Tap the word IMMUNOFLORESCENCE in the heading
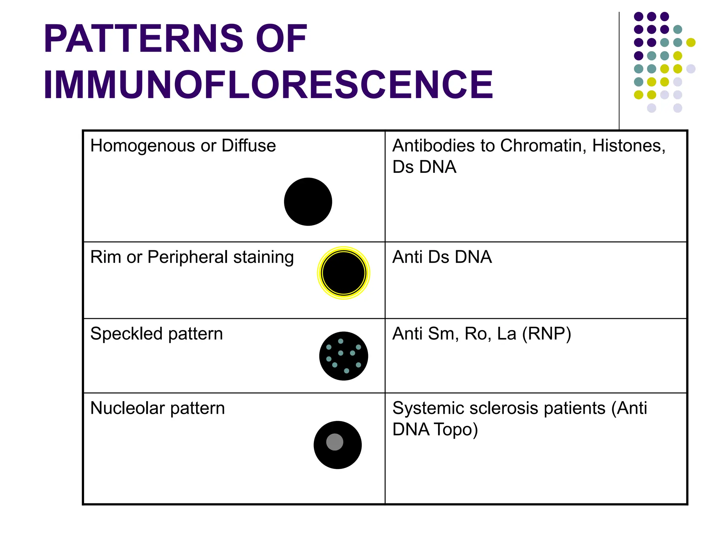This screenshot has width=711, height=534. [x=268, y=84]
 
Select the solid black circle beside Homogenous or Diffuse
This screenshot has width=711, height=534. [x=308, y=202]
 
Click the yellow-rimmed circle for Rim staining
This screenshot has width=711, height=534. [x=343, y=273]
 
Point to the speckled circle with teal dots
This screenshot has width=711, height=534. [x=343, y=356]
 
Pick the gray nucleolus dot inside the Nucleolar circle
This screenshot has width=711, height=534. [x=335, y=442]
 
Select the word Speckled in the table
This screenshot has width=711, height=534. [x=126, y=334]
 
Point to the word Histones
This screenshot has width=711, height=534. [x=628, y=146]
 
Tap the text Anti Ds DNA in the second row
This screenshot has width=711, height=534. [x=442, y=257]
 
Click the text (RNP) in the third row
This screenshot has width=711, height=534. [x=546, y=334]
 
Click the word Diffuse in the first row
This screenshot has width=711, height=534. [x=249, y=146]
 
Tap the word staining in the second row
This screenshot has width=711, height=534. [x=264, y=258]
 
